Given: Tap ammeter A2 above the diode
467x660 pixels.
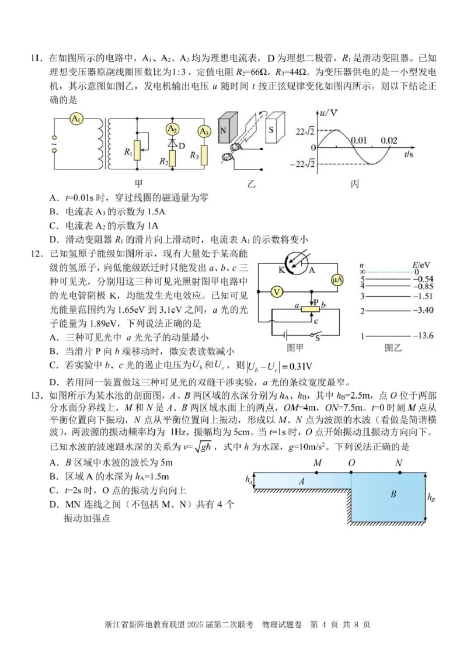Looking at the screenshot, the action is [172, 129].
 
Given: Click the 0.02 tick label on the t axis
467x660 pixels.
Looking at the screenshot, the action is [388, 141].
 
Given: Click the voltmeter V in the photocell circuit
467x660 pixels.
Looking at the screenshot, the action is [278, 291].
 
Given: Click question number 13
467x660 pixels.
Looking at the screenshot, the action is [36, 395].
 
